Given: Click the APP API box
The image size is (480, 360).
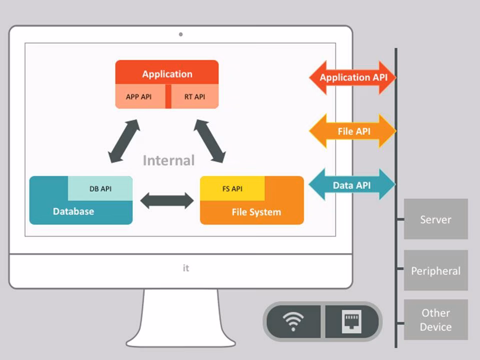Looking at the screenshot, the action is pyautogui.click(x=140, y=96).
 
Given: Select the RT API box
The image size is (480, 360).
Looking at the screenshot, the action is pyautogui.click(x=195, y=96).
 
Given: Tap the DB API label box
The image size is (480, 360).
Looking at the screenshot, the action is pyautogui.click(x=100, y=188).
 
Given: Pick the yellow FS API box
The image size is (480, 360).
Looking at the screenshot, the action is pyautogui.click(x=232, y=188).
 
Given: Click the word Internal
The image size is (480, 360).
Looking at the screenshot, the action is pyautogui.click(x=168, y=160).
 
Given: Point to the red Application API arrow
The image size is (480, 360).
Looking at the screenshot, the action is pyautogui.click(x=352, y=77).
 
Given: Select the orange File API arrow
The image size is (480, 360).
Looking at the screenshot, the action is pyautogui.click(x=352, y=131).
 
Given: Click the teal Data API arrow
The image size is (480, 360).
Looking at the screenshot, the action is pyautogui.click(x=352, y=185).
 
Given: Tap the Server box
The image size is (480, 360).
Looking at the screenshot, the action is pyautogui.click(x=436, y=219).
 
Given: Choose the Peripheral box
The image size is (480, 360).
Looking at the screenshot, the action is pyautogui.click(x=436, y=270).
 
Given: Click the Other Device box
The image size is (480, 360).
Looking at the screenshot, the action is pyautogui.click(x=436, y=319).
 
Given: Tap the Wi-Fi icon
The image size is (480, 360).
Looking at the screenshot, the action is pyautogui.click(x=293, y=321).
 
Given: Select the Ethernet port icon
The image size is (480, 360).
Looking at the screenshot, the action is pyautogui.click(x=351, y=321).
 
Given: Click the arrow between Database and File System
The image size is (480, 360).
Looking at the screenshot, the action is pyautogui.click(x=167, y=201).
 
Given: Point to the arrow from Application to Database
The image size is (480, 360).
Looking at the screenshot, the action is pyautogui.click(x=124, y=141).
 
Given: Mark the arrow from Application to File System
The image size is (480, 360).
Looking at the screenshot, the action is pyautogui.click(x=209, y=141).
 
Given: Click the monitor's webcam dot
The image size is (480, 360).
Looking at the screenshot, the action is pyautogui.click(x=181, y=34).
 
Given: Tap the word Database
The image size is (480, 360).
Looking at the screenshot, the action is pyautogui.click(x=73, y=211).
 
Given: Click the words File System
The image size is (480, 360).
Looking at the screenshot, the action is pyautogui.click(x=256, y=212).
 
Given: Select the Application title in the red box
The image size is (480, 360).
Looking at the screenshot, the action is pyautogui.click(x=167, y=74).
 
